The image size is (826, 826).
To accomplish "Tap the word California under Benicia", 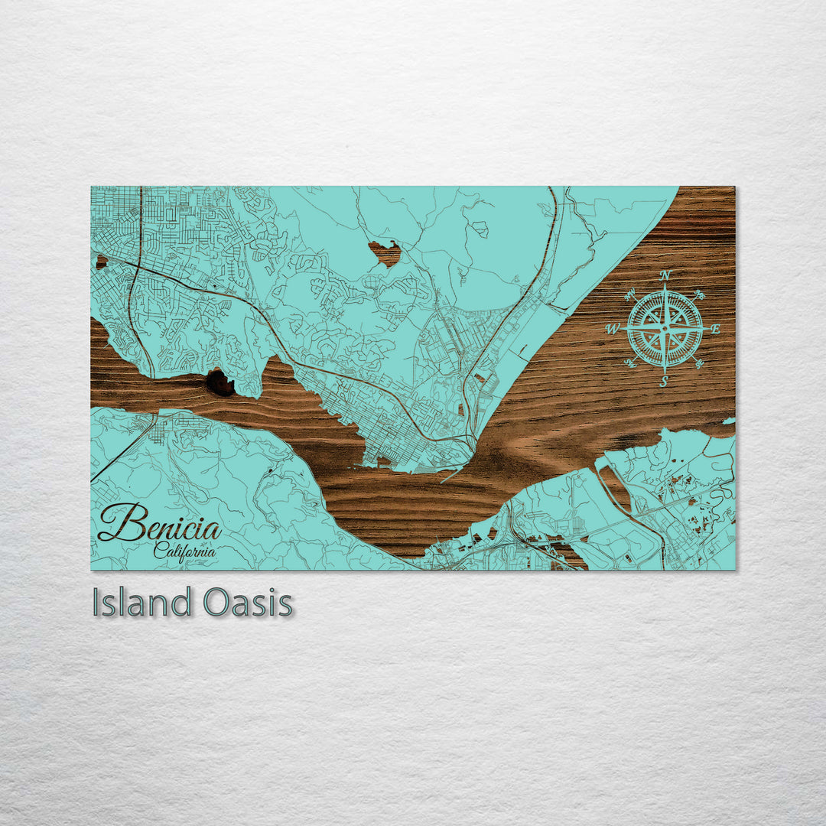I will pyautogui.click(x=184, y=549).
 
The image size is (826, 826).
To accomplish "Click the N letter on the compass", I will pyautogui.click(x=665, y=275).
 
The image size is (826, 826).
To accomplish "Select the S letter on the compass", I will pyautogui.click(x=664, y=382).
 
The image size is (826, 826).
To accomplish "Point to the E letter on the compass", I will pyautogui.click(x=715, y=329).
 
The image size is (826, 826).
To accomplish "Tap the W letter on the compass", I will pyautogui.click(x=612, y=330).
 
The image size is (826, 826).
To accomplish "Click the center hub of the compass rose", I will pyautogui.click(x=665, y=329).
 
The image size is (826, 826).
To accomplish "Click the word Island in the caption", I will pyautogui.click(x=141, y=602).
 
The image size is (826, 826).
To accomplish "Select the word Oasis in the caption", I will pyautogui.click(x=249, y=602).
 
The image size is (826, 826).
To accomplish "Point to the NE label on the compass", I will pyautogui.click(x=699, y=294).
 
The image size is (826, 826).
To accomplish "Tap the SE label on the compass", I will pyautogui.click(x=699, y=363).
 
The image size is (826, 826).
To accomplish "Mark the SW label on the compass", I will pyautogui.click(x=630, y=363).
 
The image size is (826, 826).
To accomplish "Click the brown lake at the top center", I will pyautogui.click(x=385, y=252).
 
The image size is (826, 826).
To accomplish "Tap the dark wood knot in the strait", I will pyautogui.click(x=220, y=382).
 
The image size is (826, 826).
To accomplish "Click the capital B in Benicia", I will pyautogui.click(x=115, y=523).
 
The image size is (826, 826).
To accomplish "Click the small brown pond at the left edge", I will pyautogui.click(x=100, y=262).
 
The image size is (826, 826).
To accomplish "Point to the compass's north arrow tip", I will pyautogui.click(x=665, y=286).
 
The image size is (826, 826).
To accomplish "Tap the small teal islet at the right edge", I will pyautogui.click(x=730, y=421).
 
